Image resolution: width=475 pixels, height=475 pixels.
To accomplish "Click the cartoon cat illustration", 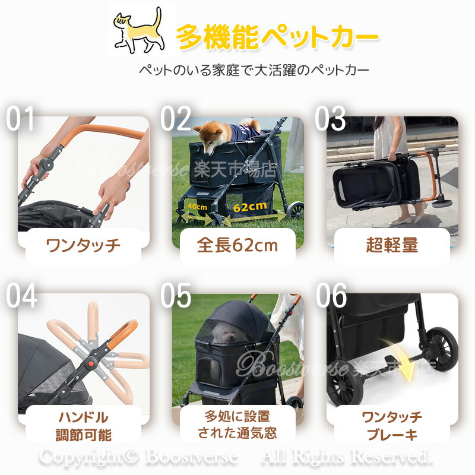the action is click(139, 31).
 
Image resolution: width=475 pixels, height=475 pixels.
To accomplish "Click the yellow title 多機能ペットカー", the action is click(277, 37).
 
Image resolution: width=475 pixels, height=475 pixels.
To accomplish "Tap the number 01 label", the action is click(20, 118).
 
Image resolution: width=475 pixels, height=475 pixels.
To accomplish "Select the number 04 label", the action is click(21, 295).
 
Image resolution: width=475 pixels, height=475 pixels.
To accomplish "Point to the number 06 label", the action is click(331, 295).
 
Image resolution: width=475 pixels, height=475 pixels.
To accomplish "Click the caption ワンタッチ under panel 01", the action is click(83, 245).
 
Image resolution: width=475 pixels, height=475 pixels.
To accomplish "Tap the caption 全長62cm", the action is click(237, 245).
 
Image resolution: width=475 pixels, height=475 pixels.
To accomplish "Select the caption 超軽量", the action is click(392, 245).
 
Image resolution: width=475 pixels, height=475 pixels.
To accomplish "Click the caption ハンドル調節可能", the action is click(83, 426).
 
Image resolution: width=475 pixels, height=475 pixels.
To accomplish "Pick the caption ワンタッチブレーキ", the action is click(392, 426).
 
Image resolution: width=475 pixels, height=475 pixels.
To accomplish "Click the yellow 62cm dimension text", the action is click(250, 207).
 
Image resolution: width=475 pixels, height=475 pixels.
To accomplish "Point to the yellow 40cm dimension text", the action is click(197, 207).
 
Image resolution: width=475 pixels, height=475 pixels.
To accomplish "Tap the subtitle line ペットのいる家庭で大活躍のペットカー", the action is click(254, 70).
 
